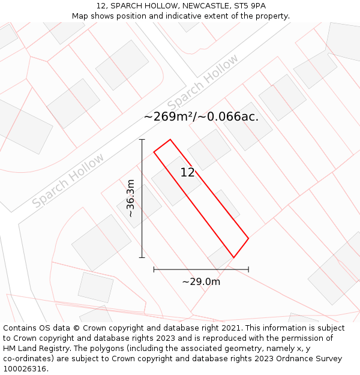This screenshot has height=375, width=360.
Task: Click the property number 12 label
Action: pyautogui.click(x=187, y=173)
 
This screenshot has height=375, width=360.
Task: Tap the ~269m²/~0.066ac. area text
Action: pyautogui.click(x=201, y=117)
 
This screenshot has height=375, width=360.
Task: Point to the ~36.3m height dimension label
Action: pyautogui.click(x=130, y=199)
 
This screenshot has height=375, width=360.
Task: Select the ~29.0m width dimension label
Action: pyautogui.click(x=201, y=281)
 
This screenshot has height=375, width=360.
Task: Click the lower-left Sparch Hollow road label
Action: pyautogui.click(x=68, y=181)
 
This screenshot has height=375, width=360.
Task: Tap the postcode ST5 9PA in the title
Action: pyautogui.click(x=248, y=6)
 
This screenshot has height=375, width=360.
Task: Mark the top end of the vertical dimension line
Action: pyautogui.click(x=142, y=140)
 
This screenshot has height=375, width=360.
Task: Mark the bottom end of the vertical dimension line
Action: pyautogui.click(x=142, y=257)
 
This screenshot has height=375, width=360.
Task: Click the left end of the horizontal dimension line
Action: pyautogui.click(x=154, y=269)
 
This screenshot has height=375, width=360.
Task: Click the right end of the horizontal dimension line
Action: pyautogui.click(x=248, y=269)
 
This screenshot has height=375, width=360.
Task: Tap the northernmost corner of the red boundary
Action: pyautogui.click(x=170, y=140)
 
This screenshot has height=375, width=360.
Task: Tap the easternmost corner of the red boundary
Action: pyautogui.click(x=248, y=238)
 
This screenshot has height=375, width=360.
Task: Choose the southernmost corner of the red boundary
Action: pyautogui.click(x=233, y=258)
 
